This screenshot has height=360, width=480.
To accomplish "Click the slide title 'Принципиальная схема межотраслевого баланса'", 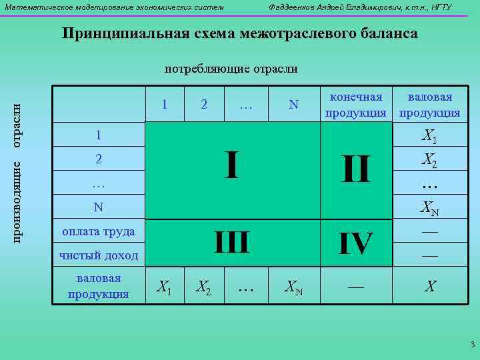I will coord(240,34).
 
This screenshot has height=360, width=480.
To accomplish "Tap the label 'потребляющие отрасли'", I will coord(231,69).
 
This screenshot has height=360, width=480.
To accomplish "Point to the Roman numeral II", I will coord(355,169).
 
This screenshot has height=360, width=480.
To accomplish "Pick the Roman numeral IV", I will coord(355,244).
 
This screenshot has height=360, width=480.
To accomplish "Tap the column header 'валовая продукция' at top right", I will coord(429,105).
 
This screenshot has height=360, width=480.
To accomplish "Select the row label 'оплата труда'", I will coord(98,232).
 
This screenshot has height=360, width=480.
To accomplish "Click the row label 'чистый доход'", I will coord(99,255).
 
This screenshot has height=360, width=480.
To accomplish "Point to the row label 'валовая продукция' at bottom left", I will coord(99,286).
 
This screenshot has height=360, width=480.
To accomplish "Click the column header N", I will coord(293,105).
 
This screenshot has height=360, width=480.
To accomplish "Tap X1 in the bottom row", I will coord(164,287).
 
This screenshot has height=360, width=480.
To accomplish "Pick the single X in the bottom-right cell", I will coord(431,287).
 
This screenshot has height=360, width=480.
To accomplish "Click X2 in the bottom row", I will coord(204,287).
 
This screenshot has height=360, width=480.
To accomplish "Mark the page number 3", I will coord(472,345).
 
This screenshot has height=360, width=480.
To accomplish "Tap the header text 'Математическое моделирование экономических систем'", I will coord(115,7).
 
